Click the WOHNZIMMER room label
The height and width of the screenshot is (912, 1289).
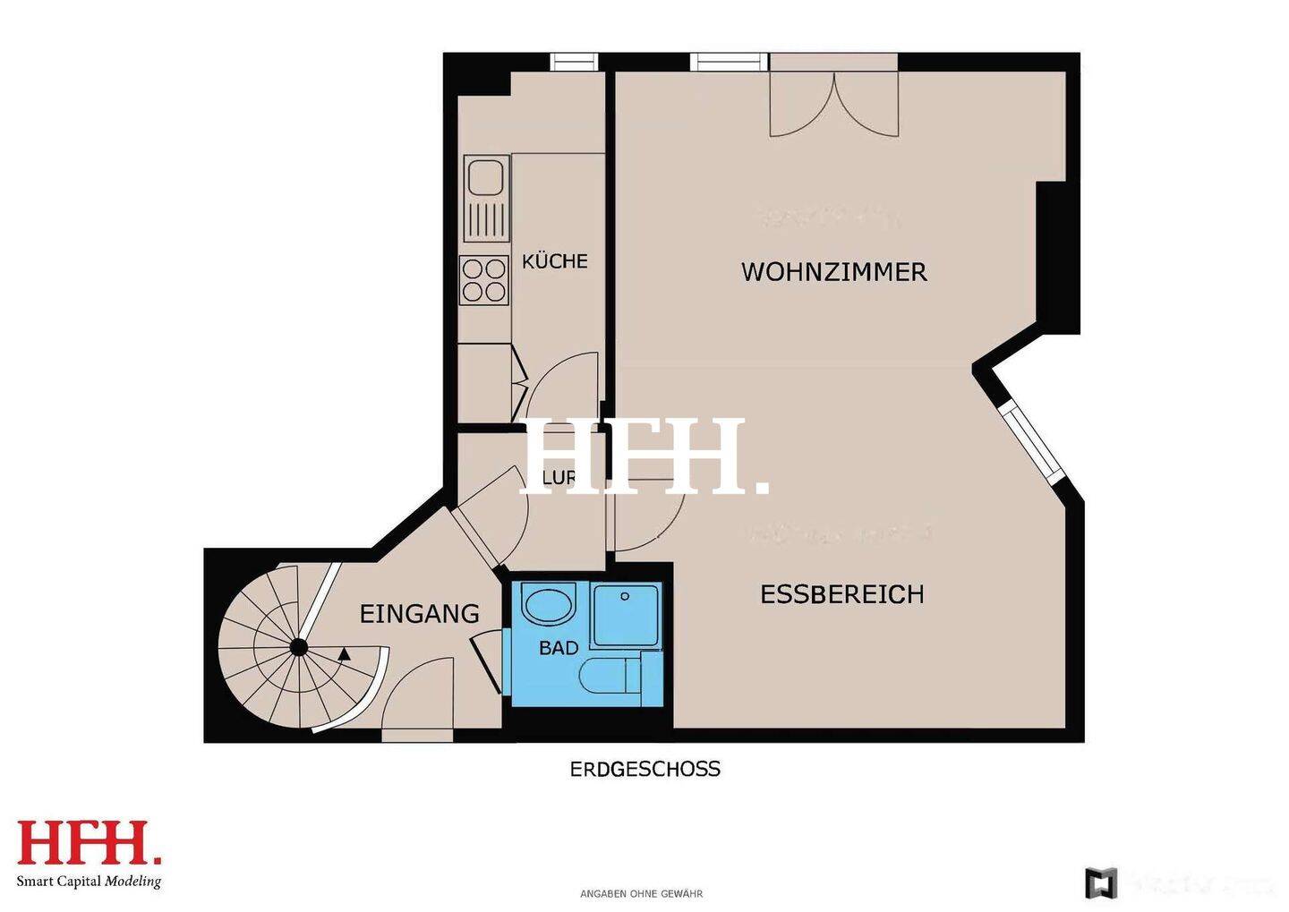coord(833,271)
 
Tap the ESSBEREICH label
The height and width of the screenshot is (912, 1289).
coord(841,594)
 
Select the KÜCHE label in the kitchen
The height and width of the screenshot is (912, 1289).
coord(555,261)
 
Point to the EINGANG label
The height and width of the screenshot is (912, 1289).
coord(419,614)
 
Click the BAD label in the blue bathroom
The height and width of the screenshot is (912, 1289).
coord(559,648)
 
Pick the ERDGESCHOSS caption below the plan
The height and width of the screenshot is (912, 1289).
coord(644,769)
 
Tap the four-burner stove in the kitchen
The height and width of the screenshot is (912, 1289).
coord(484,279)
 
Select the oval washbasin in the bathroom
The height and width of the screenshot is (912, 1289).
coord(549,605)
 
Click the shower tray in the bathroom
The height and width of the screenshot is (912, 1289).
coord(626,615)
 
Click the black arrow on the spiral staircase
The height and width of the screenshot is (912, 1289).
coord(345,654)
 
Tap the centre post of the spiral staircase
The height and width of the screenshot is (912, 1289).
coord(298,647)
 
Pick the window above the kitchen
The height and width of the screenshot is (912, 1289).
coord(573,62)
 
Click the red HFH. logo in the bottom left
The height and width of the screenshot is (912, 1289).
coord(90,843)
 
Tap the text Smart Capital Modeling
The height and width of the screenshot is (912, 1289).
coord(89,882)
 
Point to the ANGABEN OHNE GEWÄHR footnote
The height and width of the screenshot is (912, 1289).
coord(641,894)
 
